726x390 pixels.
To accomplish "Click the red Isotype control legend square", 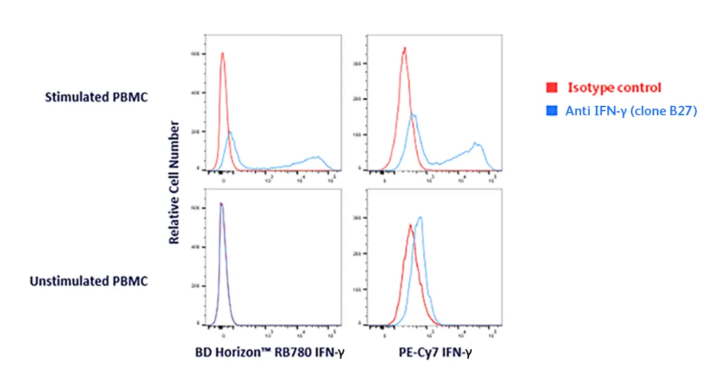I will point(552,87).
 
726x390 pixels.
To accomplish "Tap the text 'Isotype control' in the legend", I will point(614,87).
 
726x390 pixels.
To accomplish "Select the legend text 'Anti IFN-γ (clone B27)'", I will point(631,111).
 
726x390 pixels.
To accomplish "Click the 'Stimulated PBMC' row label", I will point(96,97).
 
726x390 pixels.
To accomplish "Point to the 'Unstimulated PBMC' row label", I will point(89,281).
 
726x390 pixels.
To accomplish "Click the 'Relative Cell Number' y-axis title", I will point(174,182).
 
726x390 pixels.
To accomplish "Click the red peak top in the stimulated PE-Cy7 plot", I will point(404,47).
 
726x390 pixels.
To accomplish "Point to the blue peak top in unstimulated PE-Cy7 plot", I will point(421,217).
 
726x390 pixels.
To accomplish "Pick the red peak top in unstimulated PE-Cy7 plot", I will point(410,225).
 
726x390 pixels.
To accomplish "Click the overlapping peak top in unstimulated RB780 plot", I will point(221,203).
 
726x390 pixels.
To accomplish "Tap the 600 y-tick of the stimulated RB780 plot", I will point(195,54).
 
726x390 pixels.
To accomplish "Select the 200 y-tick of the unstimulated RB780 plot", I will point(195,286).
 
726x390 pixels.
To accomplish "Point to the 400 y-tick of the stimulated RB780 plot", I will point(195,93).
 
